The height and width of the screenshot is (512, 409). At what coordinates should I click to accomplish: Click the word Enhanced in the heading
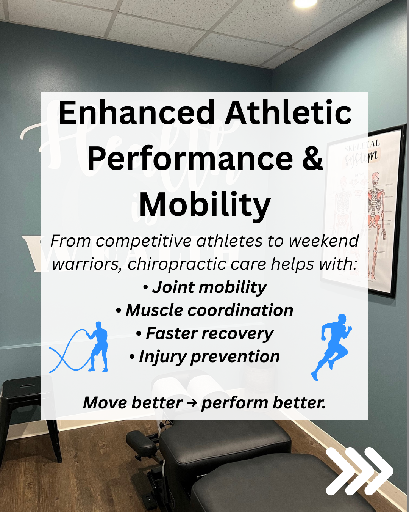(136, 112)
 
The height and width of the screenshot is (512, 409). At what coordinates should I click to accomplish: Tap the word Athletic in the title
(288, 112)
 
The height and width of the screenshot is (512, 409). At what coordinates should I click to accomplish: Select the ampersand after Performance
(312, 158)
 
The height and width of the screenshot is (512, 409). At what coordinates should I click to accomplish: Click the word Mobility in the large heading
(204, 204)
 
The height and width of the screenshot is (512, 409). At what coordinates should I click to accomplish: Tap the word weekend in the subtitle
(323, 240)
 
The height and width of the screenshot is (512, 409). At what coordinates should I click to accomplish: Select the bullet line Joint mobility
(205, 287)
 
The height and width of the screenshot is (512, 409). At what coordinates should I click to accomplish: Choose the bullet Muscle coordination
(204, 310)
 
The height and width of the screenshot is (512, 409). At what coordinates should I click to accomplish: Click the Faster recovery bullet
(205, 334)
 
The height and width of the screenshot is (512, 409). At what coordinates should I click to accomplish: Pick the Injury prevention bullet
(204, 357)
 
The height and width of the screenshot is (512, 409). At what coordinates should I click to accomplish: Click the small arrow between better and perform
(192, 403)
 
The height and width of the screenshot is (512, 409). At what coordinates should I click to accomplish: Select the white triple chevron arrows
(359, 471)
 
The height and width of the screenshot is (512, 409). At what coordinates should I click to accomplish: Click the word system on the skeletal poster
(361, 157)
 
